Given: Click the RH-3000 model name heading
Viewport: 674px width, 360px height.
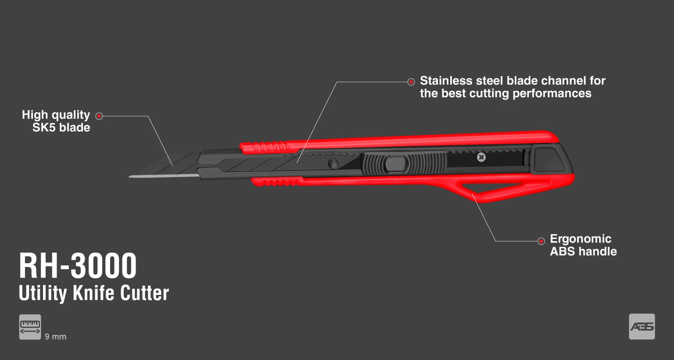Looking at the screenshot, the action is click(x=78, y=266).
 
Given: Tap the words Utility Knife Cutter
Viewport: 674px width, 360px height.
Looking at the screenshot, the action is click(x=94, y=293).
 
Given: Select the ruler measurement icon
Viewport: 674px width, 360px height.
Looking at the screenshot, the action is click(x=30, y=327).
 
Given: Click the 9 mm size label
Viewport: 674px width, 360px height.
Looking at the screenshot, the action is click(x=56, y=337).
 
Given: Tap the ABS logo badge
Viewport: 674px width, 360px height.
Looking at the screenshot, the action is click(x=642, y=326).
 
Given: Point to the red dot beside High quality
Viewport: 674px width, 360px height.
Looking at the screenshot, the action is click(x=99, y=116).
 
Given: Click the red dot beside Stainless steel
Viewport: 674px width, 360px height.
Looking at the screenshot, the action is click(x=411, y=82).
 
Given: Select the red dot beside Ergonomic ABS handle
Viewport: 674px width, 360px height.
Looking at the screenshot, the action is click(x=541, y=241).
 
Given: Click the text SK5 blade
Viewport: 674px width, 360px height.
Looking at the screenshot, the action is click(x=62, y=127).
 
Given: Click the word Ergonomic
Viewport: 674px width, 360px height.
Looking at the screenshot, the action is click(x=580, y=239).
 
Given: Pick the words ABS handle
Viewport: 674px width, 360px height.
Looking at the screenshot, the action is click(x=584, y=251).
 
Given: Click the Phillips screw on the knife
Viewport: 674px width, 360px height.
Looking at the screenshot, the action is click(x=481, y=157).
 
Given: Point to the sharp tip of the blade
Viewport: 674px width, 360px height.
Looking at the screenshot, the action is click(x=130, y=177).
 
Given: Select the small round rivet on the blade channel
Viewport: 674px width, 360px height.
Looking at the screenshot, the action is click(x=333, y=164).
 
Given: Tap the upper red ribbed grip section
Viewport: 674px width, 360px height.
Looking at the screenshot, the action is click(x=265, y=147).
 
